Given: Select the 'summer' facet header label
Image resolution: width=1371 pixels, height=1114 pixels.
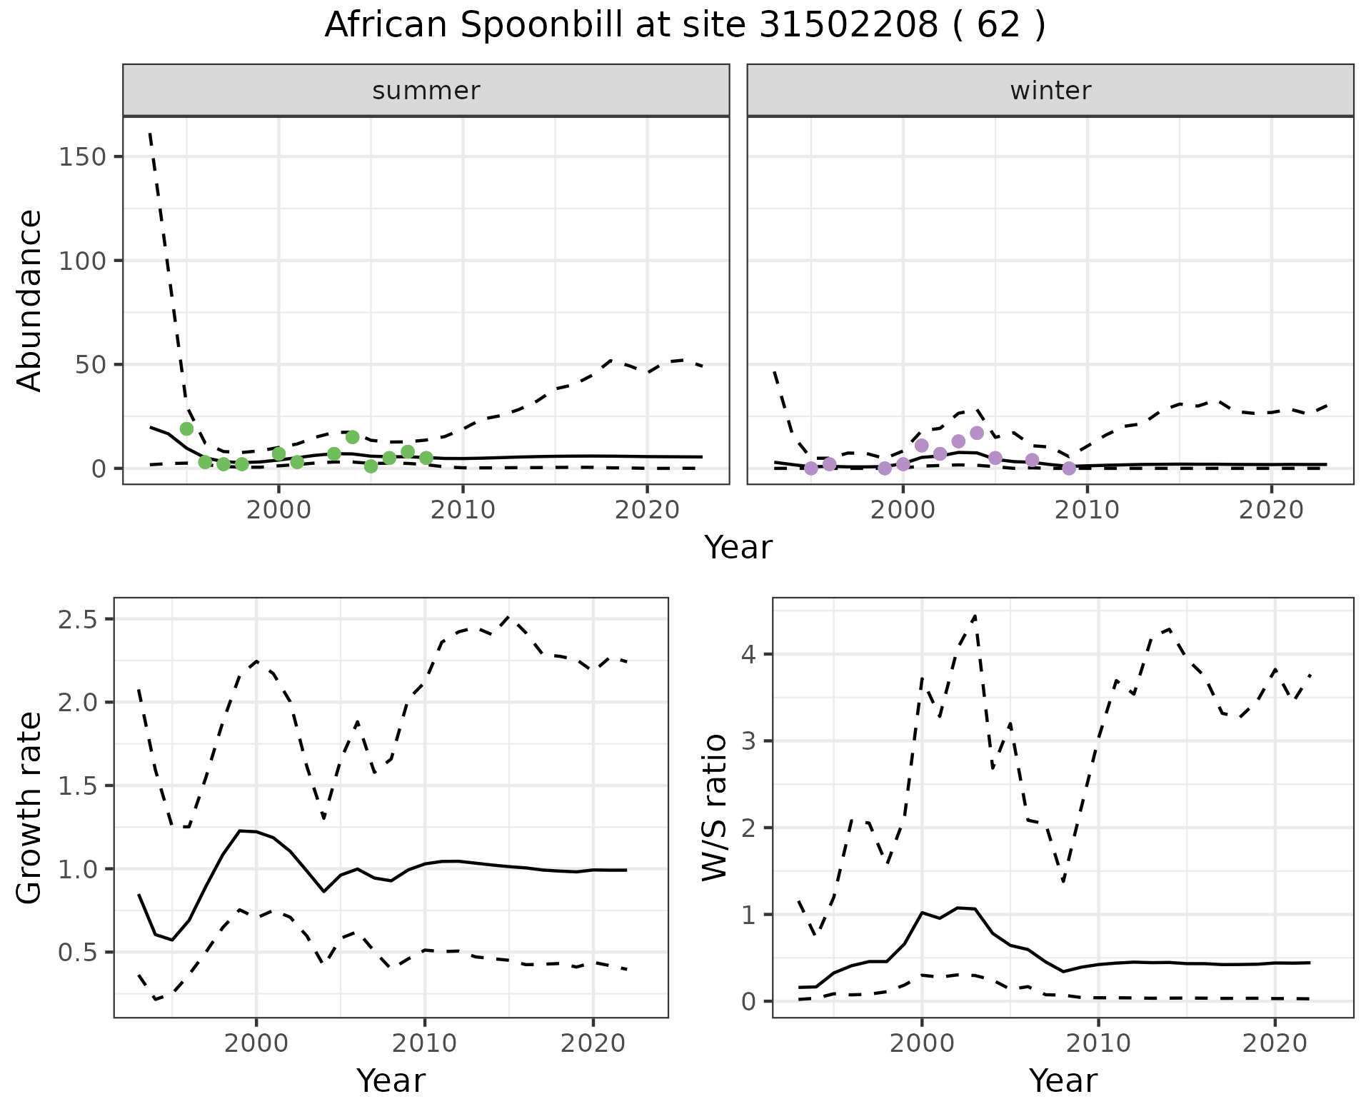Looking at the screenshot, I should coord(426,91).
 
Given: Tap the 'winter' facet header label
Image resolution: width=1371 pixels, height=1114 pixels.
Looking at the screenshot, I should coord(1050,91).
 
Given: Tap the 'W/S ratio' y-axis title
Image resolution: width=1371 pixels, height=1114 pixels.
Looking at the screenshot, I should coord(714,807).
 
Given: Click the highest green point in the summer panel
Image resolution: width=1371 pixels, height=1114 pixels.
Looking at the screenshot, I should coord(186,428).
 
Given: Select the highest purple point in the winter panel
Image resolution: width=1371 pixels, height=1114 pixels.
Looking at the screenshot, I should coord(977,433).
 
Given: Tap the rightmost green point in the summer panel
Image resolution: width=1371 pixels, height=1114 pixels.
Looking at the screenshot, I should coord(426,458).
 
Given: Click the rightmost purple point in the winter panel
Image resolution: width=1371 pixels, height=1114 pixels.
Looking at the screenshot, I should coord(1069,468).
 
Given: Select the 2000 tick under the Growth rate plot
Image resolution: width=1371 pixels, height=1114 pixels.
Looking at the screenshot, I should coord(256,1043).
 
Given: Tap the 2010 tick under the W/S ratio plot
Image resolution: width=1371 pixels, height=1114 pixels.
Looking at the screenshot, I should coord(1098,1043).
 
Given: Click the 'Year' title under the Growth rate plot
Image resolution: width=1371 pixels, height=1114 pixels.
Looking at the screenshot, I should coord(391,1080).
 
